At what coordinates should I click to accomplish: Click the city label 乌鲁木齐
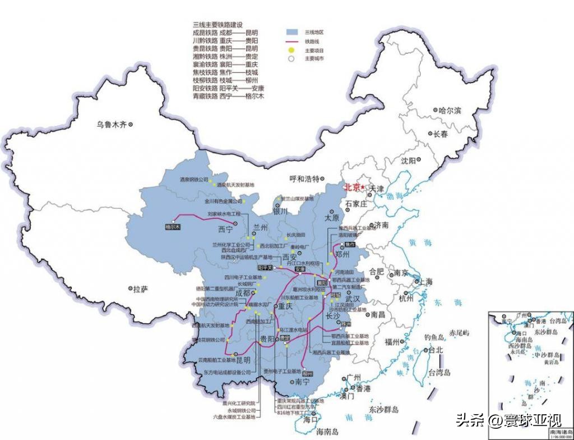112,125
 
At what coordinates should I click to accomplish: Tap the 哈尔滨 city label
449,111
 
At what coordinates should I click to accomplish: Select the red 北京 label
353,187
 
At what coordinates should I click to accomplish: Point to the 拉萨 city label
141,289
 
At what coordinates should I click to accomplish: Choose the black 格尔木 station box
172,227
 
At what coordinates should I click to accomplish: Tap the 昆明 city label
243,360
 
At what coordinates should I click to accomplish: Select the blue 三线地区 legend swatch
291,33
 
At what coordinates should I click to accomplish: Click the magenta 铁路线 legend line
291,42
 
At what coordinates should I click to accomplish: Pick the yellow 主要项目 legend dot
291,50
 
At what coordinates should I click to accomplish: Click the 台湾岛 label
439,372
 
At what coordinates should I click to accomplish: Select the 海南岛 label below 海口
327,432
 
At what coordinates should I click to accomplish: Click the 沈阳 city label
409,161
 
